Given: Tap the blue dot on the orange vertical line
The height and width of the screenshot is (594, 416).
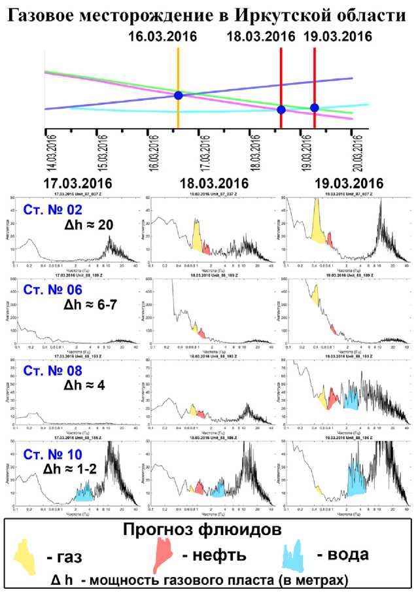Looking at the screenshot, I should (x=178, y=96).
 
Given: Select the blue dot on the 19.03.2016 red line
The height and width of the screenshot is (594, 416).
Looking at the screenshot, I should (x=315, y=107).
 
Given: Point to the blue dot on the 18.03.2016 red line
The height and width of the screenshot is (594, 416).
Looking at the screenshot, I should (x=281, y=110).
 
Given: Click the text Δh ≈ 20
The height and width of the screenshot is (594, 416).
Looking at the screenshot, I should (x=89, y=226).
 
